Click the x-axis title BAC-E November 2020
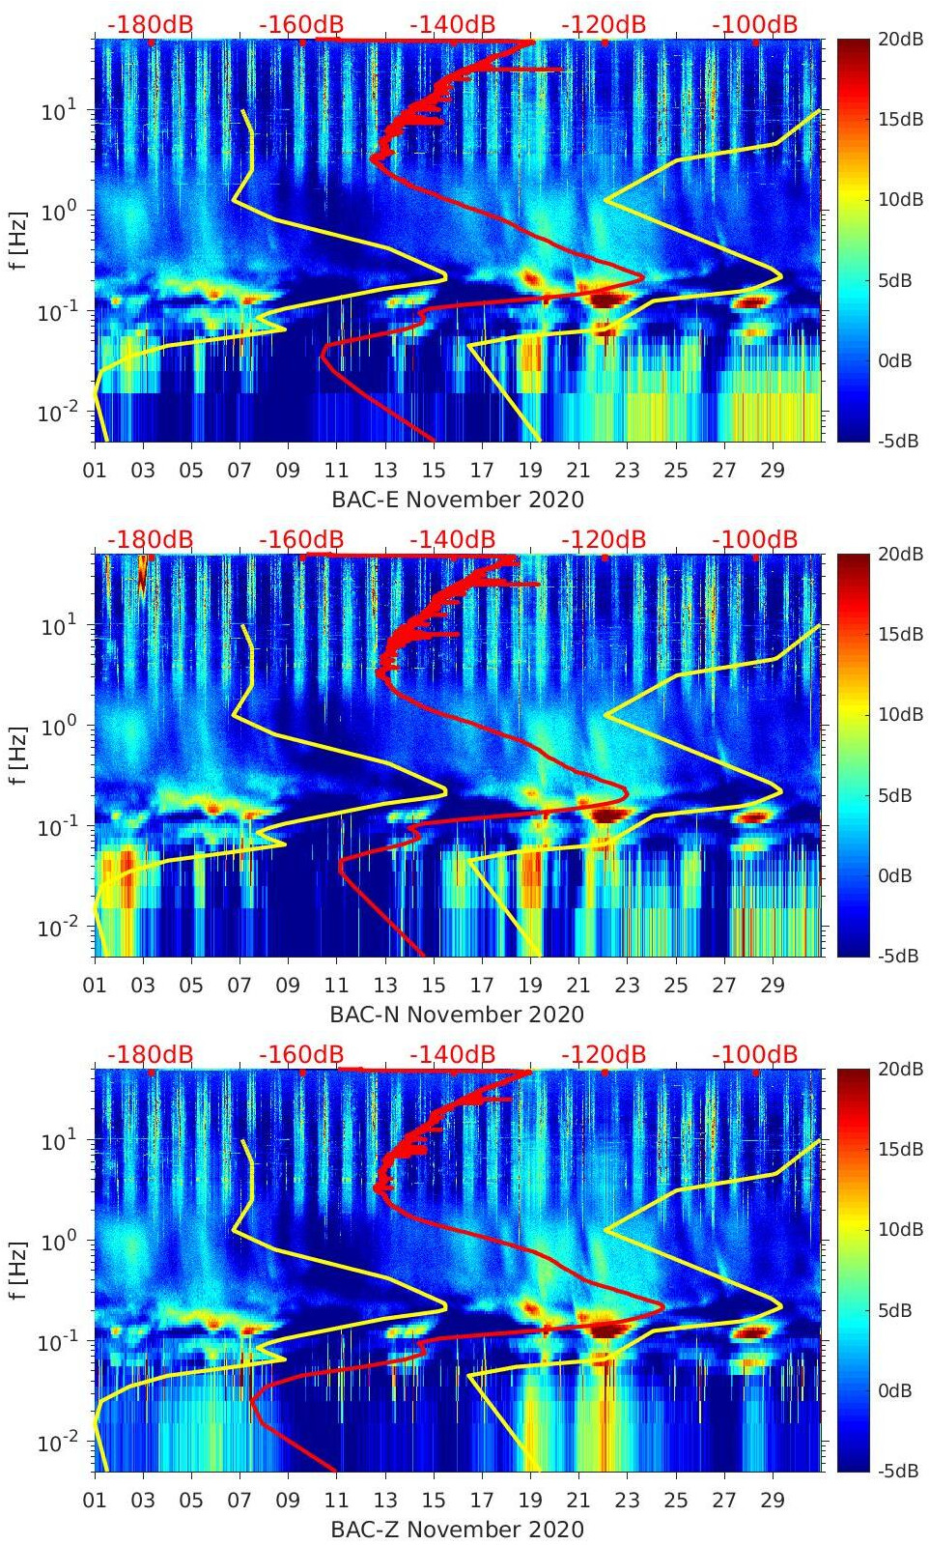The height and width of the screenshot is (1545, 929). [x=458, y=500]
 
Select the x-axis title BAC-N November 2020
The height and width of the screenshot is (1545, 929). [x=457, y=1015]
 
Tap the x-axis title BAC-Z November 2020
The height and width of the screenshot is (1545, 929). [x=457, y=1530]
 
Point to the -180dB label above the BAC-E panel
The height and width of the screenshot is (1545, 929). [x=150, y=24]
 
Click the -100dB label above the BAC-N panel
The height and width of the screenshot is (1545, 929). [x=754, y=539]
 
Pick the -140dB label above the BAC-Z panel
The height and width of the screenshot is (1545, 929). [x=452, y=1054]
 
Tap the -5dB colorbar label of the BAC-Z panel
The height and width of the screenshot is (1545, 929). [x=896, y=1471]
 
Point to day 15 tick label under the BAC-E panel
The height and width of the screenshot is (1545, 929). [x=434, y=471]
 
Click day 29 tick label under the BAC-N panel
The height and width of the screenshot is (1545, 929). [x=772, y=986]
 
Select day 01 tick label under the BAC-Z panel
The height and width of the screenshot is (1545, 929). [x=95, y=1501]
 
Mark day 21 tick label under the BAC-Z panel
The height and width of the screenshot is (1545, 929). [x=577, y=1501]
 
